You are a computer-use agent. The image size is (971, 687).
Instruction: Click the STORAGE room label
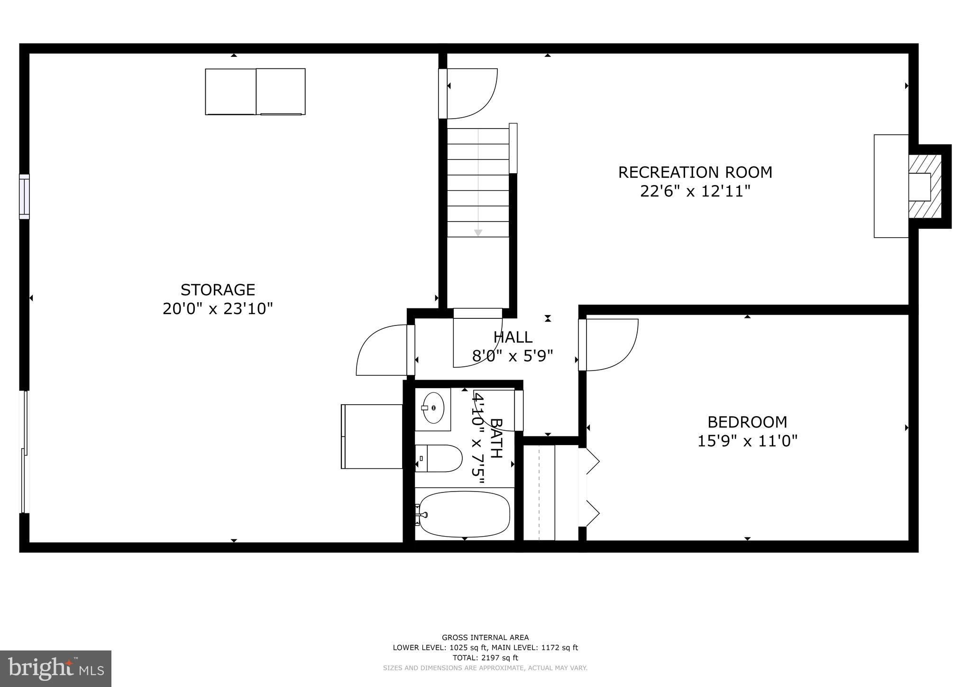point(218,289)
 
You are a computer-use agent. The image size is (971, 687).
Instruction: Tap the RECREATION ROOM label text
point(695,172)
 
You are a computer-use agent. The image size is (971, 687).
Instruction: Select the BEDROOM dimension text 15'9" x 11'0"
point(747,441)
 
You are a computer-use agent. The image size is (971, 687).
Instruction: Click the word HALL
point(513,337)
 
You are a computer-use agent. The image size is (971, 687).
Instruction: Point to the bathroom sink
point(432,408)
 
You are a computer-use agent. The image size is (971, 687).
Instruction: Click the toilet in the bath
point(439,458)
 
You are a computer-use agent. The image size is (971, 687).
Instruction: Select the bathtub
point(464,514)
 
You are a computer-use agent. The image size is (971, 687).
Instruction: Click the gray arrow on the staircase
point(478,232)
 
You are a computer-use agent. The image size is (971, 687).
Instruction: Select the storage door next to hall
point(382,350)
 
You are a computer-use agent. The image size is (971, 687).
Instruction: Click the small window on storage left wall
point(24,197)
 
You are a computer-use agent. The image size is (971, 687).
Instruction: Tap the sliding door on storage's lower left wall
point(24,452)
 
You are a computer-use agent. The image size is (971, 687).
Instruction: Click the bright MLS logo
point(55,669)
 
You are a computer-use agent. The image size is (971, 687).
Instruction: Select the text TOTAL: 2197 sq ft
point(485,658)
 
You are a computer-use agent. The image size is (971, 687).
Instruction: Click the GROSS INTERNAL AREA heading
point(485,638)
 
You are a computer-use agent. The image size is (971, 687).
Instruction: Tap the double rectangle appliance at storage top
point(255,92)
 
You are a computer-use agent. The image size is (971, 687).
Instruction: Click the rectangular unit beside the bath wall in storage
point(372,436)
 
